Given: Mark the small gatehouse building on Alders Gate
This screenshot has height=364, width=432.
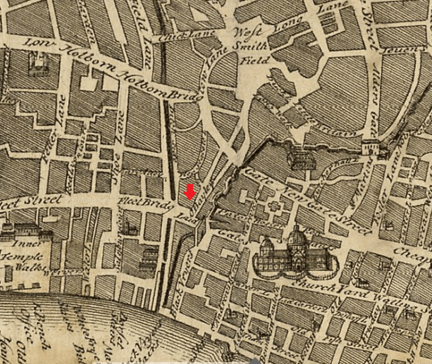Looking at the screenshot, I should (371, 146).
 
